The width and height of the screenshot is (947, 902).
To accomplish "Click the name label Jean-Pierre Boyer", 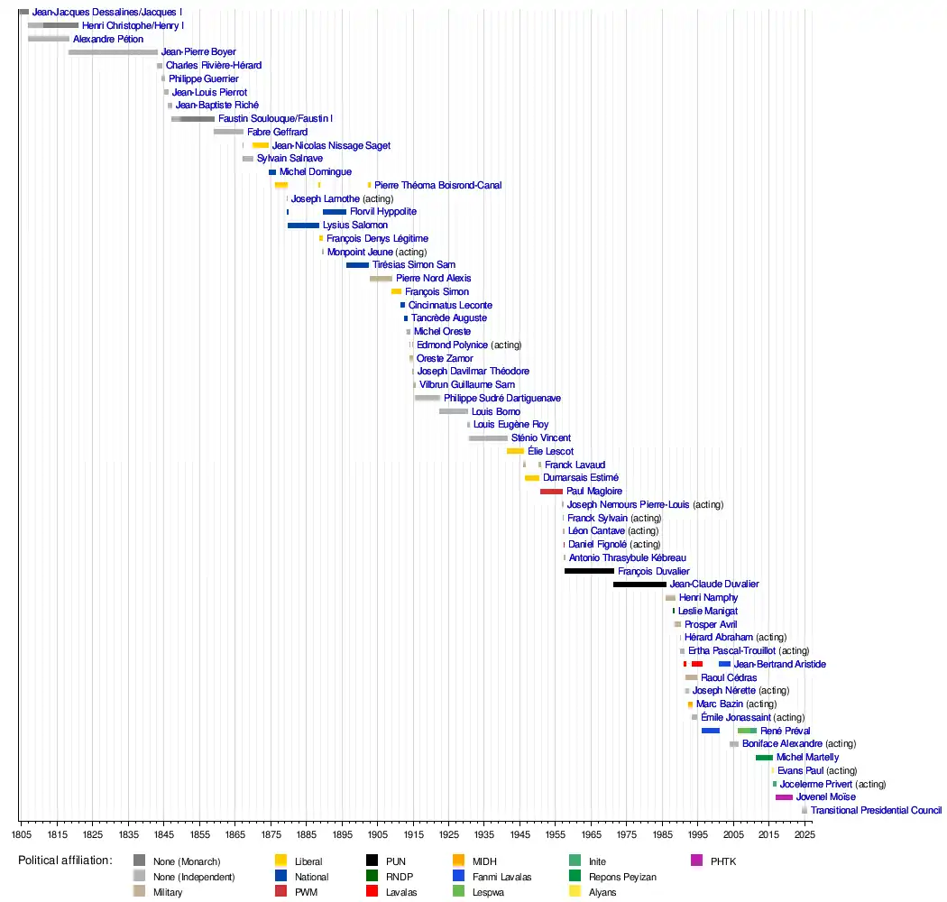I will pos(198,52).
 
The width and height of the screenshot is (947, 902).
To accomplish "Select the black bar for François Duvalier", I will pos(589,571).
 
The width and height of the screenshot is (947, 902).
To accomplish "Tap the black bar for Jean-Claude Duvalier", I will pos(639,584).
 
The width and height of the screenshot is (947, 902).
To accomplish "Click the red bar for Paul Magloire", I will pos(551,492).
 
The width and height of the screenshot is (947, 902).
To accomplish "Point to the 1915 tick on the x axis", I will pos(413,822).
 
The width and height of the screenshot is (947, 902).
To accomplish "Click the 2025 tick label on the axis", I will pos(804,835).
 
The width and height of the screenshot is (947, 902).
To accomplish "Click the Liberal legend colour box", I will pos(280,861).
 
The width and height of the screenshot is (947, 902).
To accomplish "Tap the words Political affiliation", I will pos(65,861).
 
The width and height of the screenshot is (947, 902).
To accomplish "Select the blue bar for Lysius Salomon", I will pos(303,225).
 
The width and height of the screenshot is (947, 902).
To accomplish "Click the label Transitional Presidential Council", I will pos(876,811).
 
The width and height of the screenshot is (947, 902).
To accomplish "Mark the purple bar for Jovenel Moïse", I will pos(784,797).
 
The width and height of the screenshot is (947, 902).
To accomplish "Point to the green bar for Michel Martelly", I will pos(764,758).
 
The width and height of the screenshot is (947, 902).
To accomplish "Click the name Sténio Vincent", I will pos(541,438).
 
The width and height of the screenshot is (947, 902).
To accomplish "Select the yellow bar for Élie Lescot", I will pos(515,451).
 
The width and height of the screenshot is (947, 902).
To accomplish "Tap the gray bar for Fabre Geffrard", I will pos(228,133).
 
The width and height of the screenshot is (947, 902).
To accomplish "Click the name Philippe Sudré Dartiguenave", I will pos(502,399).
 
